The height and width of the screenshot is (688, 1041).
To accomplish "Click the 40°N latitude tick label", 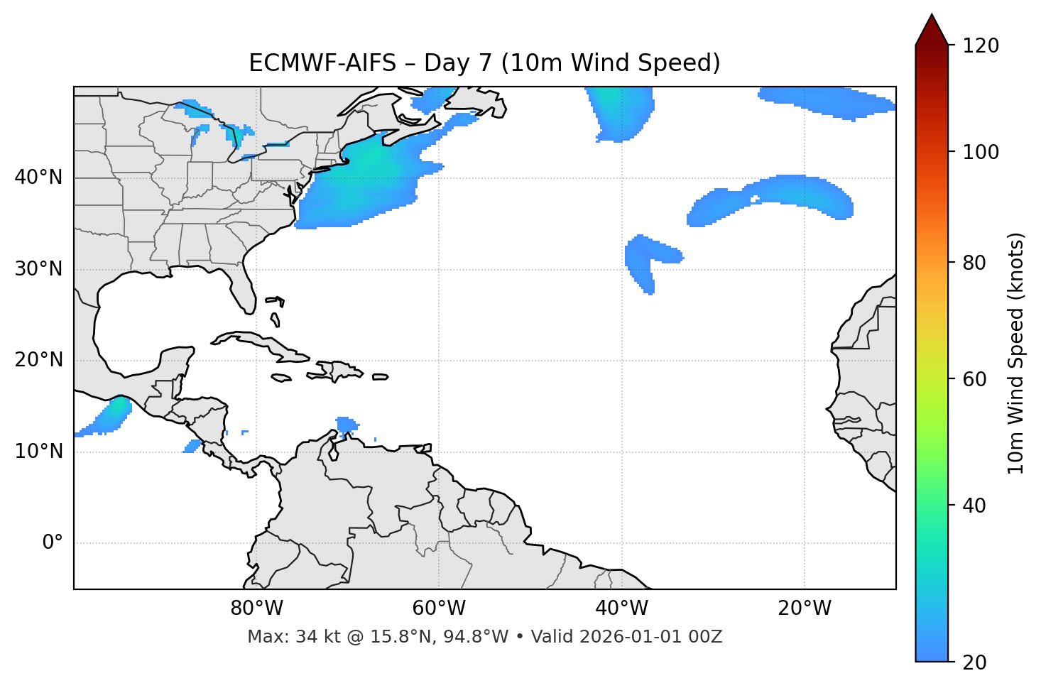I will (x=38, y=178).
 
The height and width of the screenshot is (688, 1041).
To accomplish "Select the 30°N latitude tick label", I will (x=38, y=269).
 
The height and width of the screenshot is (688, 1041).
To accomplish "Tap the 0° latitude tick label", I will (x=53, y=543).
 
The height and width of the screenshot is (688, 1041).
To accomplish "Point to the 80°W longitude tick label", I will (x=256, y=608).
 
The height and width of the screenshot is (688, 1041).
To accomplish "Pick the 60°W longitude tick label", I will (x=439, y=608).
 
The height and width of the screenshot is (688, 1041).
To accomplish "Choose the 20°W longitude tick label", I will (x=805, y=608).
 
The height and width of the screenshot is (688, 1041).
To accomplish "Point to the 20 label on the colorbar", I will (x=974, y=662).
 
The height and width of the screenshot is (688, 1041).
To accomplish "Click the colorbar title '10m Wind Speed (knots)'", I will (x=1016, y=353).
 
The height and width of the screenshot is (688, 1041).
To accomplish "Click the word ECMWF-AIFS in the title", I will (x=322, y=63).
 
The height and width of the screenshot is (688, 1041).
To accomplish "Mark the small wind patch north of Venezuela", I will (x=347, y=425).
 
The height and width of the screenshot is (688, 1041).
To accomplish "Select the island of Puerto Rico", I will (x=381, y=377).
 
